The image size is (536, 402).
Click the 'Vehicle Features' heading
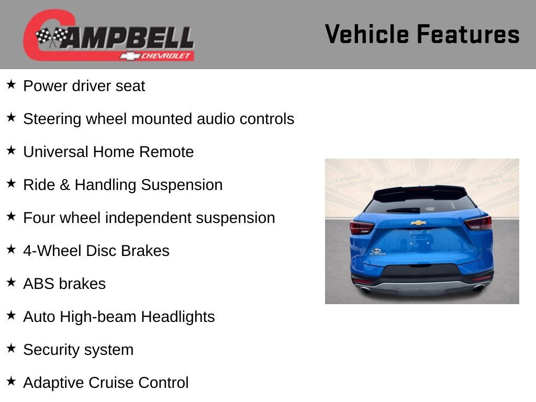(x=422, y=34)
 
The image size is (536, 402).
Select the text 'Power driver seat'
(x=84, y=86)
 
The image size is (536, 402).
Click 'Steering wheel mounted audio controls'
(x=159, y=119)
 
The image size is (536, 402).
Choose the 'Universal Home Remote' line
(x=108, y=152)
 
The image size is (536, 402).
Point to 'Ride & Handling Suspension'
(x=122, y=185)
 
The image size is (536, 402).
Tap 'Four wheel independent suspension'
(x=149, y=218)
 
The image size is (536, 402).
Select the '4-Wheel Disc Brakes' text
(x=96, y=251)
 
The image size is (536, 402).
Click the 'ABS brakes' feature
(x=64, y=284)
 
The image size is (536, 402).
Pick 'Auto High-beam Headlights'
(x=119, y=317)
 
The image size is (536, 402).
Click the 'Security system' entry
(x=78, y=350)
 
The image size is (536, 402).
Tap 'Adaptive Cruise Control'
(x=106, y=383)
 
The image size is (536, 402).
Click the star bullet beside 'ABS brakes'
(x=11, y=283)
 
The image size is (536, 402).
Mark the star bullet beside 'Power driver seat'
(x=11, y=85)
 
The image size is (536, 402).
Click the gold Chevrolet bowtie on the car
(x=418, y=223)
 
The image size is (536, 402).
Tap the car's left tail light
(x=362, y=227)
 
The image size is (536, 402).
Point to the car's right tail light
(x=478, y=223)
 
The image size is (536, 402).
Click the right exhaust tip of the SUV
(x=478, y=288)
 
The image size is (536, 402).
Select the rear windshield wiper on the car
(x=404, y=210)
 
